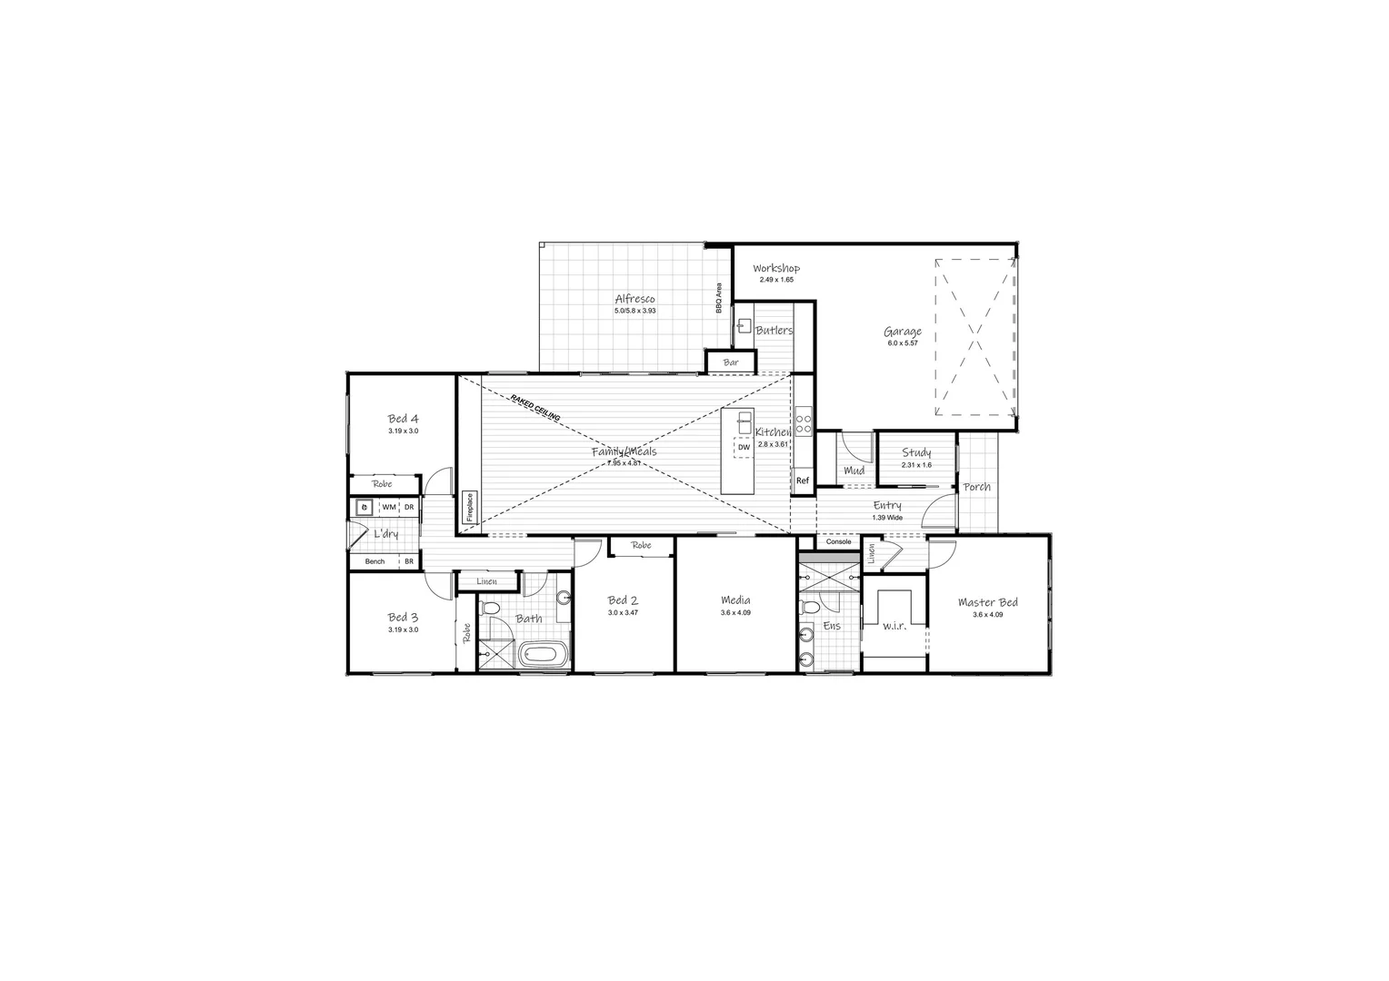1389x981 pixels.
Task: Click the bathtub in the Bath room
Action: coord(542,654)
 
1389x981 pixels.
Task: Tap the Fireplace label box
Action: coord(470,507)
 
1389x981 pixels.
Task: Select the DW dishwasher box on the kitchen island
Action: coord(744,447)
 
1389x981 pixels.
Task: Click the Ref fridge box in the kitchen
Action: coord(803,481)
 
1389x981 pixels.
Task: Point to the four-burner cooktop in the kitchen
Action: coord(804,424)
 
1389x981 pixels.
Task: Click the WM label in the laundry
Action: coord(388,507)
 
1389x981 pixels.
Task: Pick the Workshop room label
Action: coord(776,268)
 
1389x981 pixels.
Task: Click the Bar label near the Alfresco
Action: coord(731,362)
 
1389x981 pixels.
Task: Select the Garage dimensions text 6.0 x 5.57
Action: coord(903,343)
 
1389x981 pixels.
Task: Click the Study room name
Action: coord(916,452)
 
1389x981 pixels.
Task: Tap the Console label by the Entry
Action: coord(838,542)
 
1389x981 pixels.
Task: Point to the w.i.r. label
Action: coord(894,626)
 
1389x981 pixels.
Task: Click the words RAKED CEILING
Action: coord(535,407)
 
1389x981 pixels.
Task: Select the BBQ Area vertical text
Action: coord(718,297)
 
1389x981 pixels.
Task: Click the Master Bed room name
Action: coord(987,602)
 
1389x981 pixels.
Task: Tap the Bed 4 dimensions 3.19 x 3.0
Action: coord(403,431)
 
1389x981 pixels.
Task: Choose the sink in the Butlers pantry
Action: coord(744,324)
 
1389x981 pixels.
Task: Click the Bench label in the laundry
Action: coord(375,561)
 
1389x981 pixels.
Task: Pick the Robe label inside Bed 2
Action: coord(642,546)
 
